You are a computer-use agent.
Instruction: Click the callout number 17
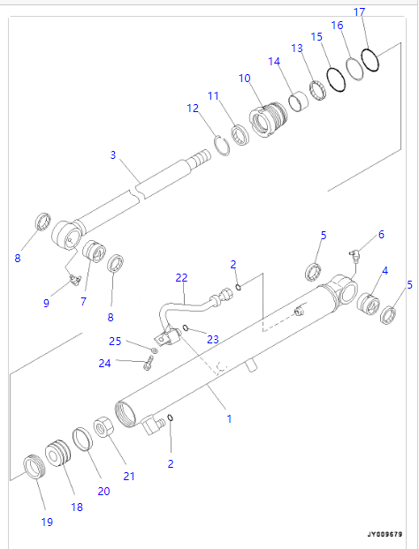(x=360, y=11)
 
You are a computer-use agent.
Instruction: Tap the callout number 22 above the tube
(x=181, y=278)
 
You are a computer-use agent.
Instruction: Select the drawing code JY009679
(x=385, y=534)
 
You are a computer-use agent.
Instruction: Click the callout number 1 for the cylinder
(x=229, y=418)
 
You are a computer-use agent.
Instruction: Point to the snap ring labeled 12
(x=222, y=146)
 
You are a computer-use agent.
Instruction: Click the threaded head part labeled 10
(x=268, y=119)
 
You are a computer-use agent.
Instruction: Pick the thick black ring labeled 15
(x=336, y=79)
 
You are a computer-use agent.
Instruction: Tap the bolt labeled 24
(x=148, y=363)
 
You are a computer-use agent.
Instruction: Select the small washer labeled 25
(x=154, y=350)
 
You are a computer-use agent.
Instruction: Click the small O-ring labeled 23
(x=186, y=328)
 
